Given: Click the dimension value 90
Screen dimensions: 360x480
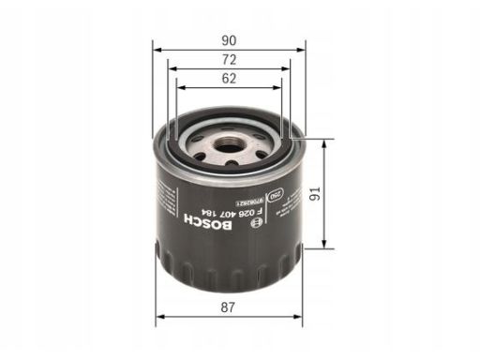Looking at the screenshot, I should pyautogui.click(x=229, y=40).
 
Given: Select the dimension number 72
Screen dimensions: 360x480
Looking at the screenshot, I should pyautogui.click(x=229, y=59).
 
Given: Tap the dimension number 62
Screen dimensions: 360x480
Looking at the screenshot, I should pyautogui.click(x=229, y=80).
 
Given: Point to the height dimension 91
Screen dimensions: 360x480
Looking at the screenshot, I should pyautogui.click(x=338, y=196).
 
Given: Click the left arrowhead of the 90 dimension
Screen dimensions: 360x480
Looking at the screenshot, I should pyautogui.click(x=158, y=50).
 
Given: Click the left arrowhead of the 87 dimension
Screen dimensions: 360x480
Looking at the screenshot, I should pyautogui.click(x=158, y=315).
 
